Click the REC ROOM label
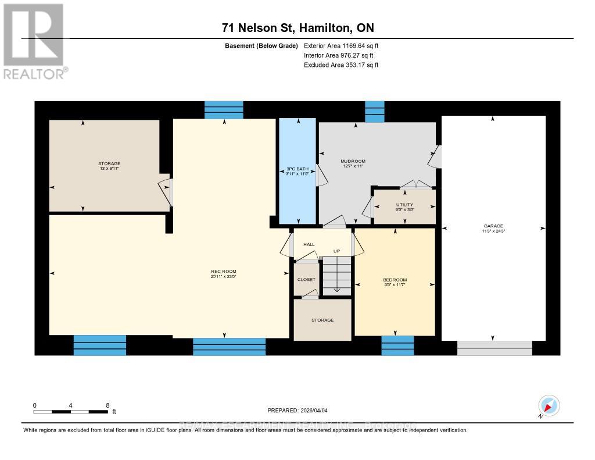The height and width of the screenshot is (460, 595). coord(223,272)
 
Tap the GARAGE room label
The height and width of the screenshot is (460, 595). coord(493,226)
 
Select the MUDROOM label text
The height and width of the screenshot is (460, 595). coord(353,161)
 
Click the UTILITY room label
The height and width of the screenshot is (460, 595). coord(404,205)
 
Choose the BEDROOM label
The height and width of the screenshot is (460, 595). coord(395,280)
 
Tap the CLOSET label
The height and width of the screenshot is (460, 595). coord(306,280)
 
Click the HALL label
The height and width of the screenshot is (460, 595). coord(309,244)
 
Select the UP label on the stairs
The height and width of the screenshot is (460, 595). coord(336,251)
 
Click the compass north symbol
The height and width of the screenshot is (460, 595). coord(549,406)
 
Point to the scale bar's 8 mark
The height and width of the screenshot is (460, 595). coord(107,405)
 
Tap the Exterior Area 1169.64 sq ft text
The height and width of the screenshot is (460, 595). coord(341,45)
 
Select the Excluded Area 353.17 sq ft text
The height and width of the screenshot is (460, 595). coord(341,65)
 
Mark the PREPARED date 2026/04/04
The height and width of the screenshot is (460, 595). coord(301,410)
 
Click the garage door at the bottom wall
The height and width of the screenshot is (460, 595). coord(494,348)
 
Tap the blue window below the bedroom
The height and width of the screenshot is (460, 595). coord(397,345)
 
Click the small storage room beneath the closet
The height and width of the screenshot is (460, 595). coord(322,320)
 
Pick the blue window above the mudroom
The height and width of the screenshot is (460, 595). coord(374,111)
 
